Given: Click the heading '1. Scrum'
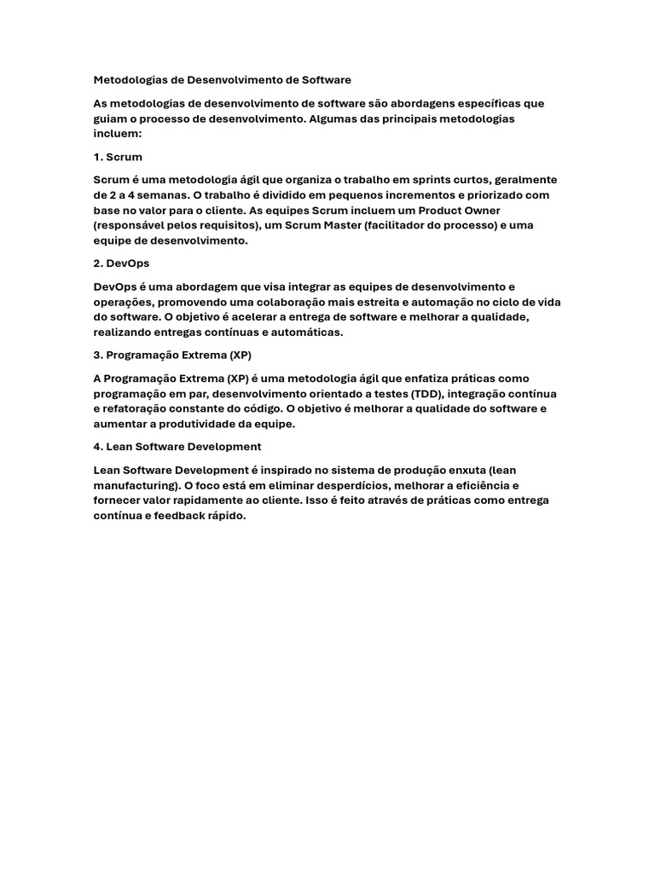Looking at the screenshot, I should click(118, 157).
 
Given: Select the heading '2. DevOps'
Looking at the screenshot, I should click(121, 263).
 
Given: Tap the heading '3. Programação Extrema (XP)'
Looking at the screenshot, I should click(172, 355).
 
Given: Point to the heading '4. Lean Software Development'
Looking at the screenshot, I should click(177, 446).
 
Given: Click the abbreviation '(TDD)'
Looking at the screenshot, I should click(426, 393).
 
